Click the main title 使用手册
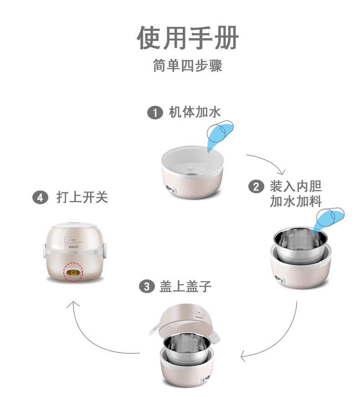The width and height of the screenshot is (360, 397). coord(187,38)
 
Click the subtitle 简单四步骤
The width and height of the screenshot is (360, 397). coord(187,66)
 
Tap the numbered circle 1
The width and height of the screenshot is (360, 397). coord(155,113)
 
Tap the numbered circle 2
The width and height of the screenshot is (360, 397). coord(256,186)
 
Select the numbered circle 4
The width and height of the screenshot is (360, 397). coord(41,198)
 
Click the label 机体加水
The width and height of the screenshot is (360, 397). coord(195,113)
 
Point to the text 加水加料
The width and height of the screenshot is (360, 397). coord(296,201)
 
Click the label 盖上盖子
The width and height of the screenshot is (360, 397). coord(185,286)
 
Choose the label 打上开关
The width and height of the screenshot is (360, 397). coord(82,198)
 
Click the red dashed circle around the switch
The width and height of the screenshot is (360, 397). coord(73,272)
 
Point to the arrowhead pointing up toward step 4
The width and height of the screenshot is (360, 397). coord(73,304)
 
